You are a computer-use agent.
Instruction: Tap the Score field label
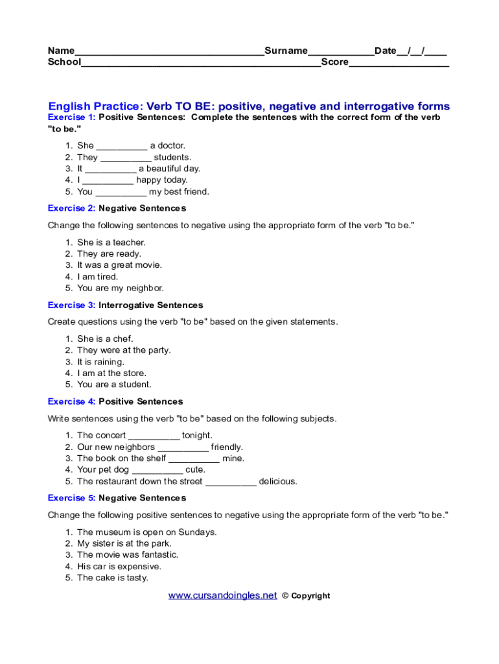334,62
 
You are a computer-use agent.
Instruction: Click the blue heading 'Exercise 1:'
71,117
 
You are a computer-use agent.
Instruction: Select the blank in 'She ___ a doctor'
122,147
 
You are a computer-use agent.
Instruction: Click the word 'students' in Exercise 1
172,158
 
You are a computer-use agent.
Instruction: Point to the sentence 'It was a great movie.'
119,265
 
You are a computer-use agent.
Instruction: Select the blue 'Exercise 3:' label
71,305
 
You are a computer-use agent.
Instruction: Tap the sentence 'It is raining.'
100,362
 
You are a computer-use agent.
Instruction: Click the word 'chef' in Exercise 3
124,339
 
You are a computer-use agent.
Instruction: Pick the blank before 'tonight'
154,436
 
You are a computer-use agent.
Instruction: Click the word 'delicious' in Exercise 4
278,482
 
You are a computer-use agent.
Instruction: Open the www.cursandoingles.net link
222,595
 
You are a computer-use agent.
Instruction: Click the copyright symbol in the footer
285,596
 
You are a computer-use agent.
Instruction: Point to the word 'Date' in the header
385,51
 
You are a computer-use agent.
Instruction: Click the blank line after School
201,64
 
